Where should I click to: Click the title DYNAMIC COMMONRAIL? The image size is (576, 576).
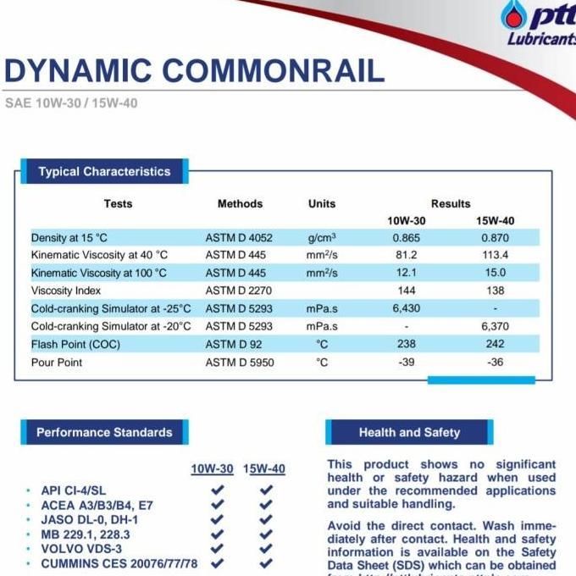[194, 70]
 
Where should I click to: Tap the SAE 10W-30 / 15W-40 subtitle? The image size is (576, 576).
[71, 103]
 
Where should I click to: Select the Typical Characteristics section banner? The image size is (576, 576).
[104, 172]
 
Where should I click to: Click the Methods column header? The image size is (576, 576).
[240, 203]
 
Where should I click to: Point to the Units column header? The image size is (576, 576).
[322, 203]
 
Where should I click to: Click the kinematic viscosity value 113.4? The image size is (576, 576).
[495, 255]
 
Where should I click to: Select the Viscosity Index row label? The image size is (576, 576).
[67, 291]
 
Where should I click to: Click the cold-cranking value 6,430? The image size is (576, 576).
[407, 308]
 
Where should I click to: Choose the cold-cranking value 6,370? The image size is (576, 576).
[495, 326]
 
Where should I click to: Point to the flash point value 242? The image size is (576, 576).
[495, 344]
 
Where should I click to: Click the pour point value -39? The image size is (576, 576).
[407, 362]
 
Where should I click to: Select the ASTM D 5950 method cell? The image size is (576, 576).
[240, 362]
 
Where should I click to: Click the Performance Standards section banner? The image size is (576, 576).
[104, 432]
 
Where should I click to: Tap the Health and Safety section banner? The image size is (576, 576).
[409, 432]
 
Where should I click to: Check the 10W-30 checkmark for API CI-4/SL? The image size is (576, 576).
[218, 490]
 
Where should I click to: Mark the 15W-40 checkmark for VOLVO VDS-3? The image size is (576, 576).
[267, 548]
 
